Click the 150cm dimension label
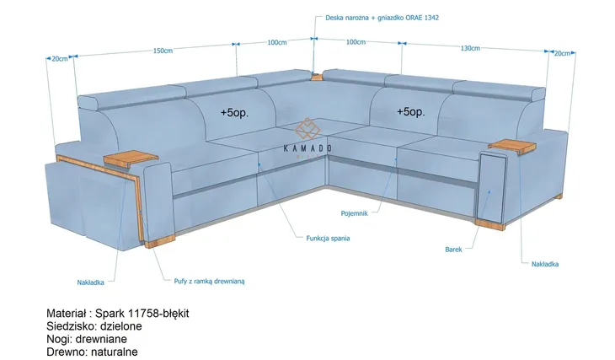(x=163, y=51)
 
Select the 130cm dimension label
(x=470, y=48)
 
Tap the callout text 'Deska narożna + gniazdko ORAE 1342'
(x=382, y=18)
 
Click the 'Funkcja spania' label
(x=328, y=239)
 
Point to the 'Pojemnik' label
(x=354, y=213)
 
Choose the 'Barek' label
(x=453, y=250)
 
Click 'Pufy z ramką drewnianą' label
(x=210, y=281)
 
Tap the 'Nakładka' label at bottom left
(x=91, y=282)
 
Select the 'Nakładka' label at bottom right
(x=545, y=264)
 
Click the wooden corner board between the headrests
(x=316, y=76)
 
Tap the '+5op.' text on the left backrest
(x=234, y=113)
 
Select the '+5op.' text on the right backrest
(x=410, y=112)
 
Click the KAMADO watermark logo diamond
(x=307, y=128)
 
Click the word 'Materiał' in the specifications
(x=66, y=314)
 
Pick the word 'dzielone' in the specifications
(x=120, y=326)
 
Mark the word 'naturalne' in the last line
(x=114, y=352)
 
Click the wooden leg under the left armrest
(x=160, y=242)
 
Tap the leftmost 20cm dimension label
(x=60, y=59)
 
